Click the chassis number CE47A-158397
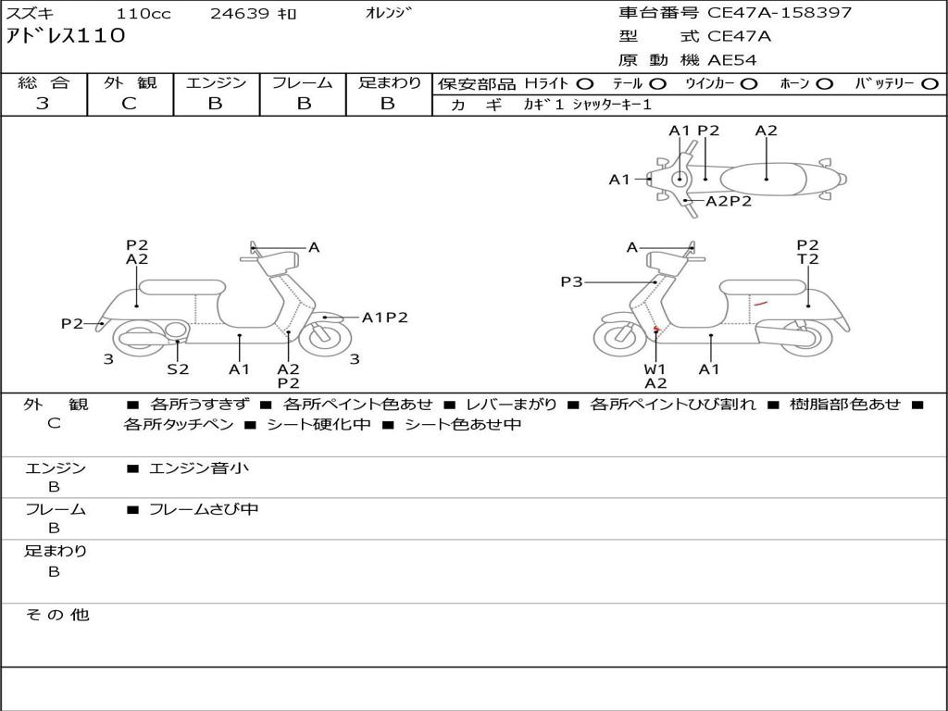click(x=780, y=13)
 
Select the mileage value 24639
click(x=240, y=14)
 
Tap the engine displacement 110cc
click(x=143, y=14)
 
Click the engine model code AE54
click(x=732, y=60)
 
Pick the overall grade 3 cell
click(x=43, y=104)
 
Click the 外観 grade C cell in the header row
click(x=129, y=104)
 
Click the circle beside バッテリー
click(x=929, y=84)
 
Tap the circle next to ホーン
click(x=825, y=84)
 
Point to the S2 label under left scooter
click(x=178, y=369)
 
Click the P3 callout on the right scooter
click(x=571, y=281)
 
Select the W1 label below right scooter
click(x=655, y=369)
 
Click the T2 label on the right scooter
click(x=807, y=259)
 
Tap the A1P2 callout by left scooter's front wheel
click(x=384, y=318)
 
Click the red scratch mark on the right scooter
click(x=760, y=304)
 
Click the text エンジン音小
click(x=199, y=468)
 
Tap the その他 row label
click(x=56, y=615)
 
